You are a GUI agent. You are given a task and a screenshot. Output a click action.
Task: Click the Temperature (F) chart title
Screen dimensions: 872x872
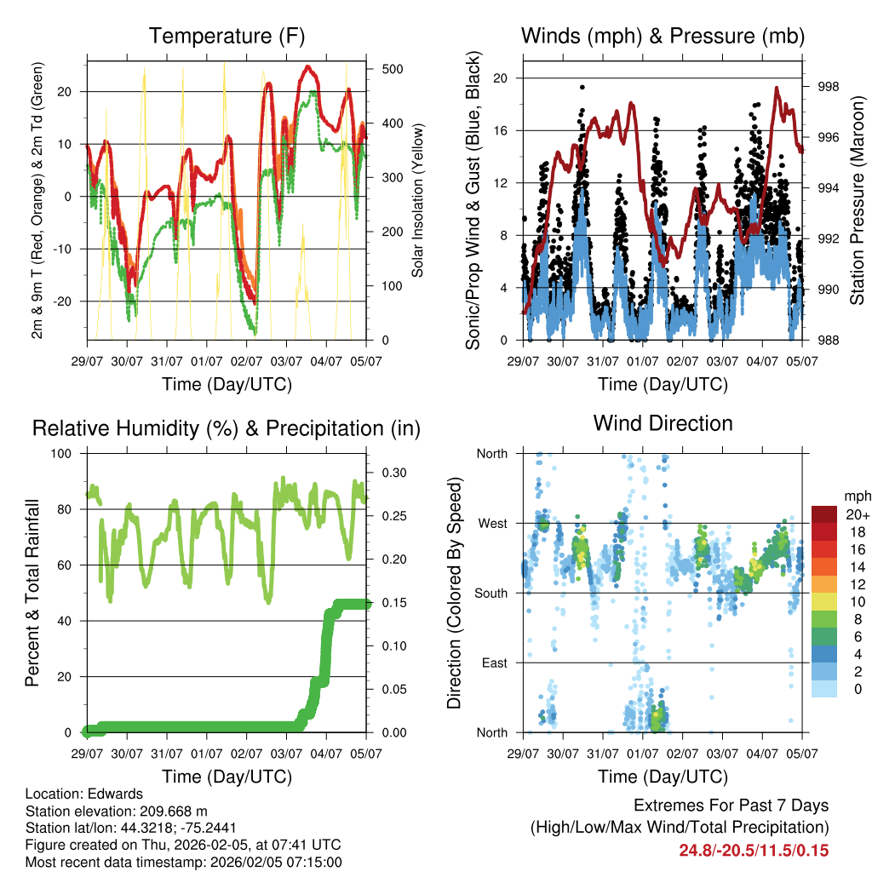point(227,36)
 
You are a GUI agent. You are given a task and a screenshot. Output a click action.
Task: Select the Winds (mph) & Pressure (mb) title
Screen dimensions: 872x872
point(663,36)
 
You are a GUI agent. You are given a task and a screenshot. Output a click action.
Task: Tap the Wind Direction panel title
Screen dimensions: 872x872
point(663,423)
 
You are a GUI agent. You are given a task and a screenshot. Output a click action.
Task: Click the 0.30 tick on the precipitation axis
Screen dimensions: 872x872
point(391,473)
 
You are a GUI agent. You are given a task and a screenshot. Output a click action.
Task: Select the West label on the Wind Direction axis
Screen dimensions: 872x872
point(492,523)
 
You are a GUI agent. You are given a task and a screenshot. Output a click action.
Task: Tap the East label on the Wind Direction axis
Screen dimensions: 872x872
point(493,663)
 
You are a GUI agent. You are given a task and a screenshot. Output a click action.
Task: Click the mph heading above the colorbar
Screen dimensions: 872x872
point(856,496)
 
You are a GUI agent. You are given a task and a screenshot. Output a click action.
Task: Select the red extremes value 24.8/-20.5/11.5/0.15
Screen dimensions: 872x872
point(754,850)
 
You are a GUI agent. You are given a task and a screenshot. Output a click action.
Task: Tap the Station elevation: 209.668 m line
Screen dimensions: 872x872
point(117,812)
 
